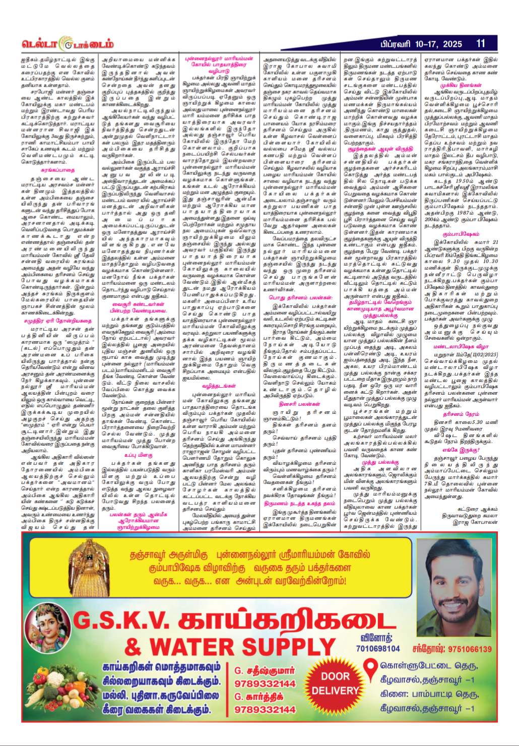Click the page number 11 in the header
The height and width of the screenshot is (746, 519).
[x=481, y=44]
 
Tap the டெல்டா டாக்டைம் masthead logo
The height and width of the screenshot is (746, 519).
[x=68, y=44]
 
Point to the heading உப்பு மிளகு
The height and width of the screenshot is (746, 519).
[x=138, y=455]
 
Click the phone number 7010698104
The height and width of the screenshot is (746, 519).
[x=378, y=649]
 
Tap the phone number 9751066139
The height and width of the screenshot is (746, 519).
[x=451, y=649]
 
